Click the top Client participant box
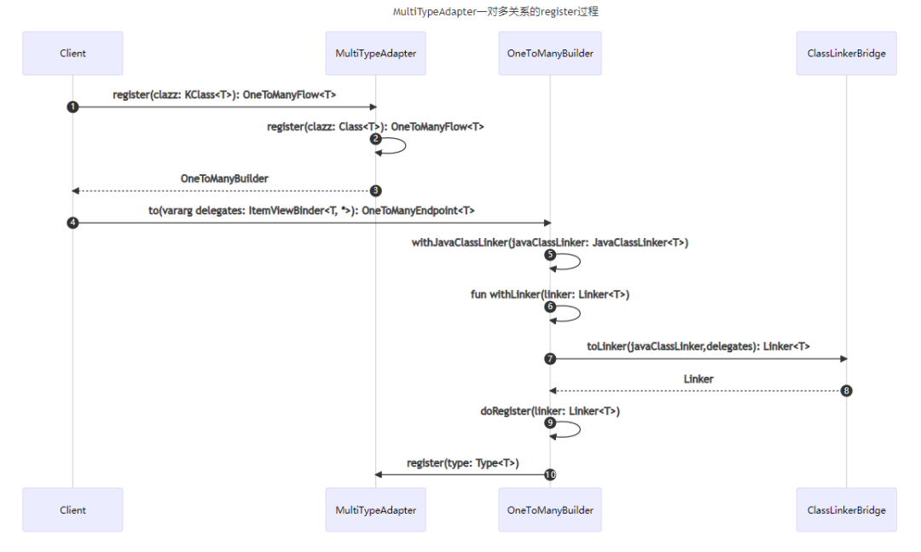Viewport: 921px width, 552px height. click(72, 53)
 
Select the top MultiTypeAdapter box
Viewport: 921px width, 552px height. click(375, 53)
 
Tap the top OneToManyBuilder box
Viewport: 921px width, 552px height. click(550, 53)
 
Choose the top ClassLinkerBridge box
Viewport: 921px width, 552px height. click(846, 53)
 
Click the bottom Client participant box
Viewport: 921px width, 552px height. click(72, 510)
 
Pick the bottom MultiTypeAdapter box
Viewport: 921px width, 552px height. click(375, 510)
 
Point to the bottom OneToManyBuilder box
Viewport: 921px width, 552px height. click(550, 510)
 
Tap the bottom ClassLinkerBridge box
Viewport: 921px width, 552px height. click(846, 510)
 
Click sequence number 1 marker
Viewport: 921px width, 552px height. click(72, 107)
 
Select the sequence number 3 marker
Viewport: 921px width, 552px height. click(375, 190)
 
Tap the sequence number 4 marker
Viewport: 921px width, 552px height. click(72, 223)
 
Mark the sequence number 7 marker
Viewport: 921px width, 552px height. click(550, 358)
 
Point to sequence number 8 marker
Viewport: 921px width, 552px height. click(846, 391)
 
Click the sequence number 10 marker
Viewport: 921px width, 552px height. click(550, 474)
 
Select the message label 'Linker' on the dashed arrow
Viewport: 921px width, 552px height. click(698, 379)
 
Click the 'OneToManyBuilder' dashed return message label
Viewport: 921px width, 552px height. click(224, 179)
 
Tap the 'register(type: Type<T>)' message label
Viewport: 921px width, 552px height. click(463, 463)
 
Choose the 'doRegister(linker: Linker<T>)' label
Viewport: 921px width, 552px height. click(550, 411)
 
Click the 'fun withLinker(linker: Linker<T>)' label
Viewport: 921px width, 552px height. click(550, 294)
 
